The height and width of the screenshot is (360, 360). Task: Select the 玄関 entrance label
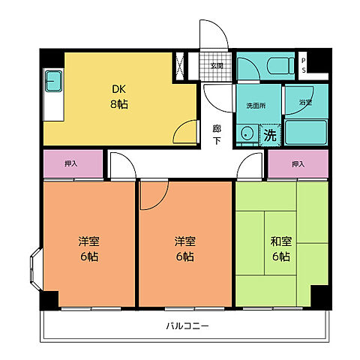pos(216,65)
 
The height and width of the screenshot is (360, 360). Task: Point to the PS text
pos(303,65)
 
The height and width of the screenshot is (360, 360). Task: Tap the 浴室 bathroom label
pos(305,101)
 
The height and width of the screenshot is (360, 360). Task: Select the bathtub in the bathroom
pos(306,131)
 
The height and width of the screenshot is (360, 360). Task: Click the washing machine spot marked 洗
pos(270,136)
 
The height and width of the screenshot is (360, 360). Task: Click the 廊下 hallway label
pos(216,133)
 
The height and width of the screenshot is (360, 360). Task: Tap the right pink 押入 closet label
pos(298,164)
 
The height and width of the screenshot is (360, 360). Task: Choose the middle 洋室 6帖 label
pos(184,248)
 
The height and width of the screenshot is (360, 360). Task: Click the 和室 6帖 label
pos(281,248)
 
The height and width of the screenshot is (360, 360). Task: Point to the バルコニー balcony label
pos(185,326)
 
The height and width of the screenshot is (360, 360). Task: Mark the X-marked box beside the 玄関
pos(181,65)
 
